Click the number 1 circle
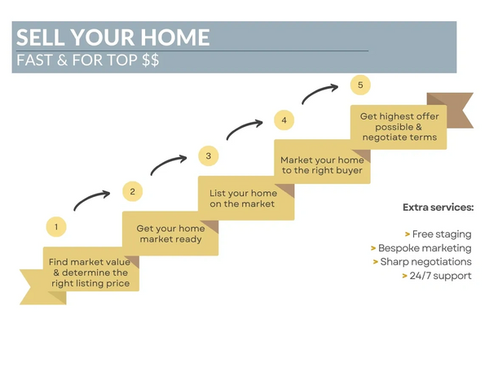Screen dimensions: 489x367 pos(56,226)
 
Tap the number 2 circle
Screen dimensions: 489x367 pos(133,191)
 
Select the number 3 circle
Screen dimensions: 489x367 pos(209,155)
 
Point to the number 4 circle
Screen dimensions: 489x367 pos(284,120)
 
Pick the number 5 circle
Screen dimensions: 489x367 pos(360,85)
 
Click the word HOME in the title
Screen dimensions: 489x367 pos(175,37)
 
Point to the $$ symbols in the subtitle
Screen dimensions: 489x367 pos(150,59)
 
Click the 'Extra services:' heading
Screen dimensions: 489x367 pos(438,208)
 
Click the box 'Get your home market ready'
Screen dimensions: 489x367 pos(170,234)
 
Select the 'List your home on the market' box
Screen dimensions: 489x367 pos(246,199)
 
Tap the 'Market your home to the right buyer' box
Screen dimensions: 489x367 pos(322,162)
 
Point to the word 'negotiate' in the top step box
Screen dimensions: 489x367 pos(381,138)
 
